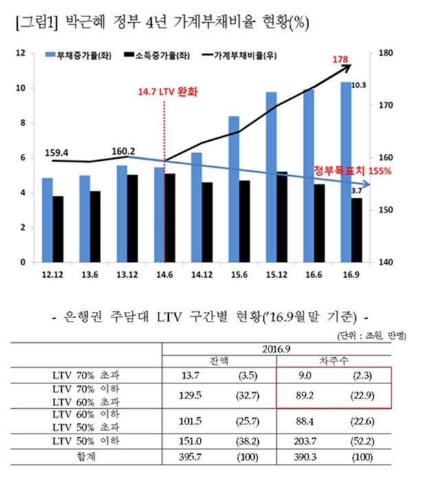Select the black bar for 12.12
[x=59, y=229]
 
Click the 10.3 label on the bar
[x=358, y=86]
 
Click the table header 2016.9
[x=279, y=348]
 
